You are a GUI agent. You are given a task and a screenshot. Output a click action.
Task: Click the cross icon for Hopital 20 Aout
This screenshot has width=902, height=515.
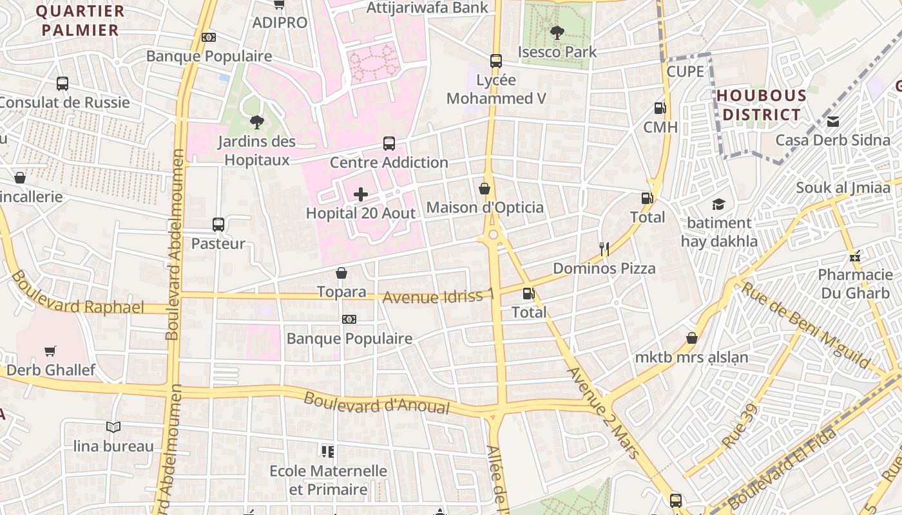(361, 194)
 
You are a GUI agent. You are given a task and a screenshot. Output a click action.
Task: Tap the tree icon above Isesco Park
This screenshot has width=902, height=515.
(557, 32)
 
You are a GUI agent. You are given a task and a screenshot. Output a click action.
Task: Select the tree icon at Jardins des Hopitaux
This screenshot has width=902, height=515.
(257, 122)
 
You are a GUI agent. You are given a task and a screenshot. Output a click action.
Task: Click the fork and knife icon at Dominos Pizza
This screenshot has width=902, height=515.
(604, 249)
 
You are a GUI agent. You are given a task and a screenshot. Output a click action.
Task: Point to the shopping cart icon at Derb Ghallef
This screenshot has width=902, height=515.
(50, 351)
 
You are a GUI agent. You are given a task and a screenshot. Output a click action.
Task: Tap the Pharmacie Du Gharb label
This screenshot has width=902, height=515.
(856, 284)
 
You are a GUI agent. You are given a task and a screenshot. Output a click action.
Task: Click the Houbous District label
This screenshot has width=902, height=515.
(761, 106)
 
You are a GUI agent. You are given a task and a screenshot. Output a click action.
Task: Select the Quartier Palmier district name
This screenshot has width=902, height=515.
(80, 21)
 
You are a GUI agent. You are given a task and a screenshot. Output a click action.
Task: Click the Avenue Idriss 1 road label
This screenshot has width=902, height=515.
(439, 296)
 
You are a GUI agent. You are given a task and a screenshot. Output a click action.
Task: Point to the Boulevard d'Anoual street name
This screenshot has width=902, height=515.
(376, 403)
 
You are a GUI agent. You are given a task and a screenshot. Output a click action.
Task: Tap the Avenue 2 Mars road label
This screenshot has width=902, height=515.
(603, 413)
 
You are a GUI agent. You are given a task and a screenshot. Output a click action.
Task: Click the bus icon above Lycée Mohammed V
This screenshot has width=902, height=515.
(495, 61)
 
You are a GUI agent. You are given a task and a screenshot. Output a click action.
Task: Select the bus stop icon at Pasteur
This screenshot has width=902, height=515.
(218, 225)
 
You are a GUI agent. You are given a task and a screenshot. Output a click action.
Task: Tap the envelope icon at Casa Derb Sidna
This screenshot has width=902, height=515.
(833, 121)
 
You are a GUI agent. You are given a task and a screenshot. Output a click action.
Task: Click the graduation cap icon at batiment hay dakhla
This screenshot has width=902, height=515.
(718, 204)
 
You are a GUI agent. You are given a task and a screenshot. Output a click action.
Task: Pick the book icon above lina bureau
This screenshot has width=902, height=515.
(113, 427)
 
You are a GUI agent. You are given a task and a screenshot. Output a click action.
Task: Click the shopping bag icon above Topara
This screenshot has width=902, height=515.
(341, 273)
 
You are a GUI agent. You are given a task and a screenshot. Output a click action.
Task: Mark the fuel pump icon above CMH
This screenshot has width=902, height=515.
(660, 108)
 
